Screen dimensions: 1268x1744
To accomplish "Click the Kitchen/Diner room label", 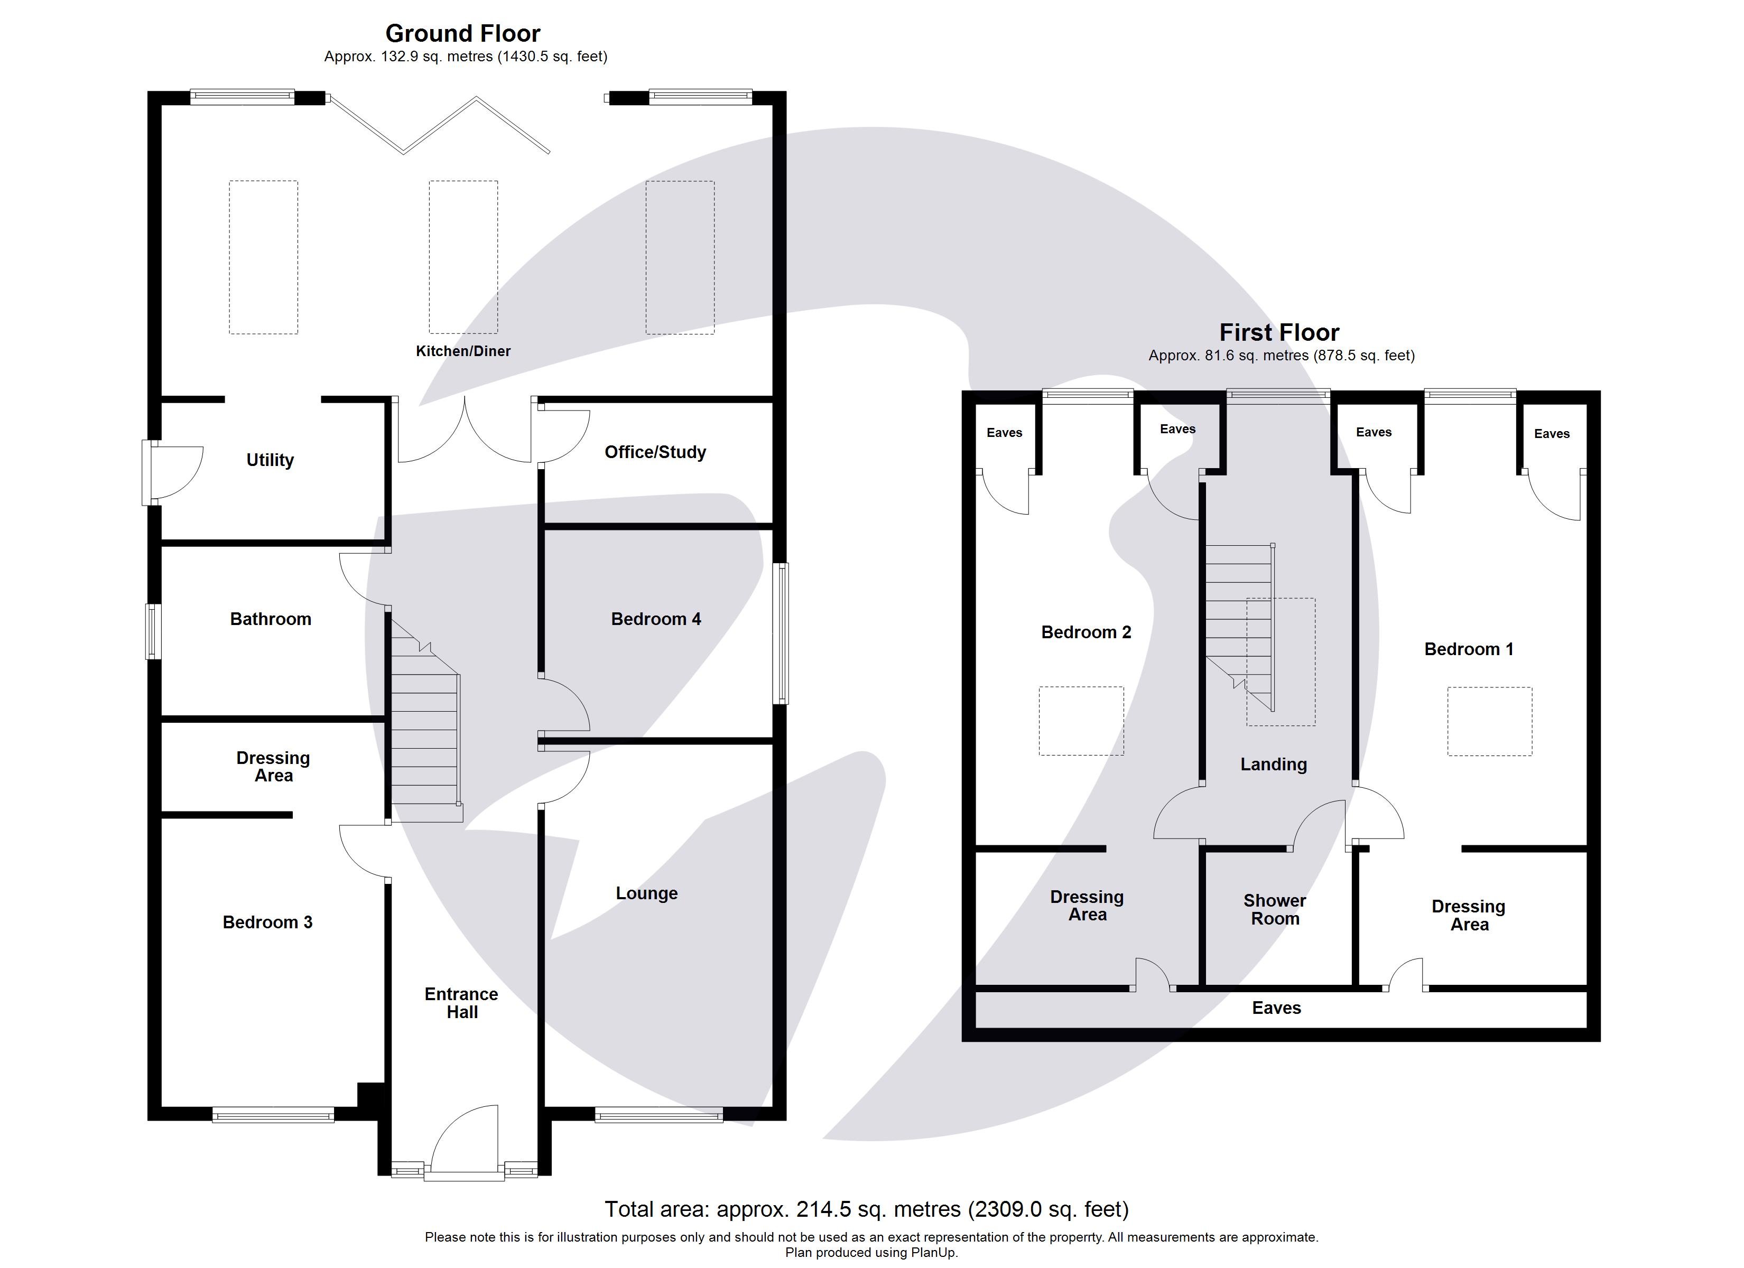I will click(463, 351).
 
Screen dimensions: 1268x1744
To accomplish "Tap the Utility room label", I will click(270, 460).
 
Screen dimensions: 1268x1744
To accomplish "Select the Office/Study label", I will click(655, 452).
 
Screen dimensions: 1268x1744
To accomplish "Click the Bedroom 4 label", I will click(656, 619).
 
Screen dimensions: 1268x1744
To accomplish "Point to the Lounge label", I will click(647, 893).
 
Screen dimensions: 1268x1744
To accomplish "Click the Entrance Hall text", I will click(461, 1003).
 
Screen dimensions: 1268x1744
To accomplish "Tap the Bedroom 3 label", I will click(267, 922).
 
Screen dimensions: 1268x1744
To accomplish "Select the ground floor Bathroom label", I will click(271, 619).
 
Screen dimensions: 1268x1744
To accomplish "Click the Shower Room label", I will click(1275, 910).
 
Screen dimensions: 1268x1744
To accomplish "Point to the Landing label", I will click(1274, 764).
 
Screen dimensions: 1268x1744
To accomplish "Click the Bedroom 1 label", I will click(1469, 649).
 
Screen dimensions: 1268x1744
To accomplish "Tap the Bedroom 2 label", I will click(1086, 632).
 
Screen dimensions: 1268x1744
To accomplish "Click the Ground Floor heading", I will click(463, 33).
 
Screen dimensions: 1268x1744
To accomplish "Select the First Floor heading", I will click(1279, 332).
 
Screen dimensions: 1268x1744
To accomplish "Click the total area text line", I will click(867, 1209).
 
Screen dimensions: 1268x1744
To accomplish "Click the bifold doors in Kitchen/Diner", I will click(438, 125).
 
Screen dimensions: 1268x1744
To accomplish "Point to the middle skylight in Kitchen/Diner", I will click(463, 257).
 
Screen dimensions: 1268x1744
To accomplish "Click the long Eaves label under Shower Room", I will click(1276, 1008).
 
